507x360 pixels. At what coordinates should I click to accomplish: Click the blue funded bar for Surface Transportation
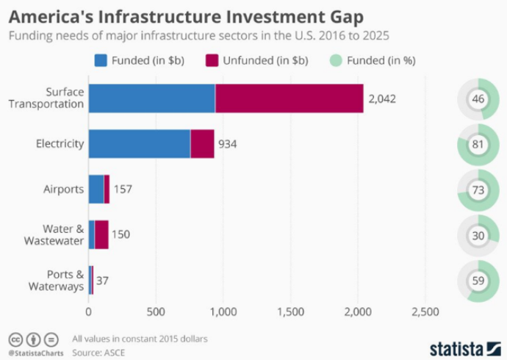click(151, 98)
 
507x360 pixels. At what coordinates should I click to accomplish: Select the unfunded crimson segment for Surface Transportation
click(289, 98)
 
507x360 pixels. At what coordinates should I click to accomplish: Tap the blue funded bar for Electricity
click(139, 143)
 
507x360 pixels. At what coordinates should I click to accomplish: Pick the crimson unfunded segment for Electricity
click(202, 143)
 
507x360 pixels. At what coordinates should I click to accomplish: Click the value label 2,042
click(381, 98)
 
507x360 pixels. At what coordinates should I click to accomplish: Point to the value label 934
click(228, 144)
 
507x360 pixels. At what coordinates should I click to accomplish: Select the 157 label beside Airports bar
click(123, 189)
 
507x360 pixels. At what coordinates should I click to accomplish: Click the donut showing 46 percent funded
click(478, 98)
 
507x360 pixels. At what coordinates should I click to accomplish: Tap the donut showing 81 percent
click(478, 144)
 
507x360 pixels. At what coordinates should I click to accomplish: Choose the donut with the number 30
click(478, 235)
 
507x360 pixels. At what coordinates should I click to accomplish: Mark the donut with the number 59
click(478, 281)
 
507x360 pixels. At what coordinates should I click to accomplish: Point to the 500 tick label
click(156, 312)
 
